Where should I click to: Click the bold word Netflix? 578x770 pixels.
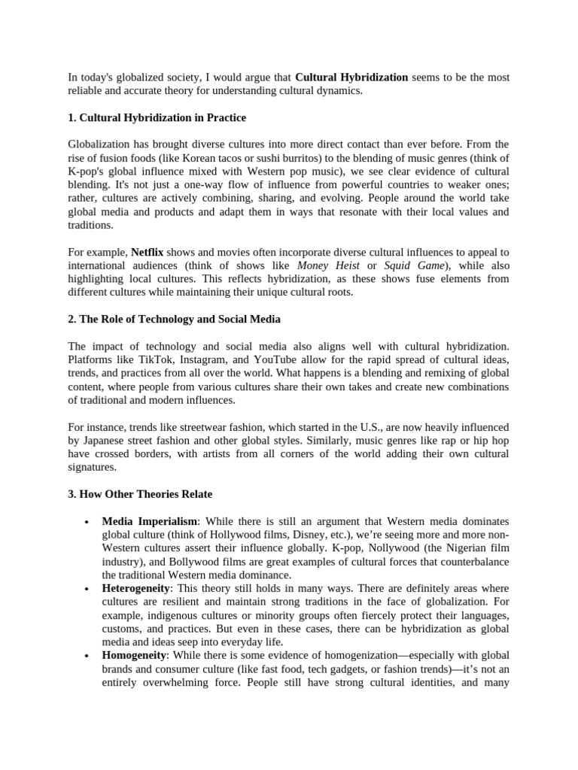tap(148, 252)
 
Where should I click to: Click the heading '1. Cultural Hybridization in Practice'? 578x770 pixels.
tap(157, 118)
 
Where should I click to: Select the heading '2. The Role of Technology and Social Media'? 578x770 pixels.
tap(174, 319)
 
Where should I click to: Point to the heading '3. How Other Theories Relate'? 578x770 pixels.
tap(140, 494)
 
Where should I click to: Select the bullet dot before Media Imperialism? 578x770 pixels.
tap(88, 522)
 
